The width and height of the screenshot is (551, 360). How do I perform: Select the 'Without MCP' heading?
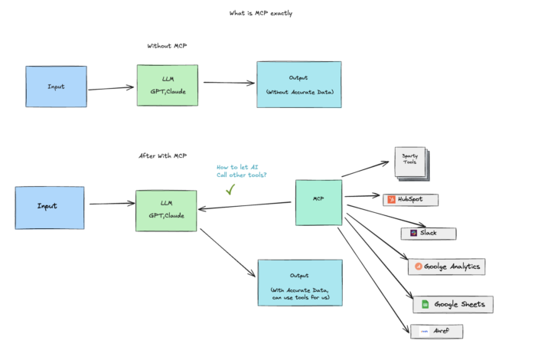click(x=168, y=46)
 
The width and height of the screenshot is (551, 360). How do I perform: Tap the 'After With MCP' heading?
click(x=162, y=156)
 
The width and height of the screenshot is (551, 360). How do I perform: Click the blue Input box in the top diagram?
click(x=56, y=87)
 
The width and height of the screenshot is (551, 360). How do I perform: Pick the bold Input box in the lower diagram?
click(x=49, y=207)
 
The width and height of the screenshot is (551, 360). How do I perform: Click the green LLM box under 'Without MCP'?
click(x=168, y=85)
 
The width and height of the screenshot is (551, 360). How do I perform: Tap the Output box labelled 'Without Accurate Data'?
click(x=298, y=85)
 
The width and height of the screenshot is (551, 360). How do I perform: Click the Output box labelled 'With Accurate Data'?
click(x=299, y=283)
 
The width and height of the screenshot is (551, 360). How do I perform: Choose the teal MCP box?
click(x=318, y=202)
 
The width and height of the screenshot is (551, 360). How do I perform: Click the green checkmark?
click(x=230, y=188)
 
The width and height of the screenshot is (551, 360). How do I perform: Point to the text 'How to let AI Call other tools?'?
click(x=241, y=171)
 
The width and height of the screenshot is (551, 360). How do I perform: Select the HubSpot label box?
click(x=412, y=200)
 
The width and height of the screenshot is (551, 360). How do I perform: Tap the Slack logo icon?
click(x=413, y=233)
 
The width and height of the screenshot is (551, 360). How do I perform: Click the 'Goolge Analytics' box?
click(x=447, y=267)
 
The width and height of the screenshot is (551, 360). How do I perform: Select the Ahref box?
click(x=437, y=332)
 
